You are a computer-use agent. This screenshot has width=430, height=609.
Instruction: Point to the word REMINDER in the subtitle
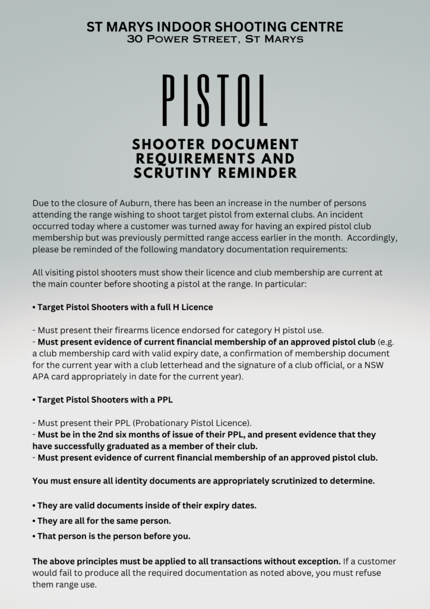(260, 172)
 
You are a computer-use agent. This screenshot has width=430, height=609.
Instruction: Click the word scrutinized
(273, 481)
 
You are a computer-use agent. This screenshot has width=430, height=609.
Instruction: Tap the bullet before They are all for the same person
(34, 521)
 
